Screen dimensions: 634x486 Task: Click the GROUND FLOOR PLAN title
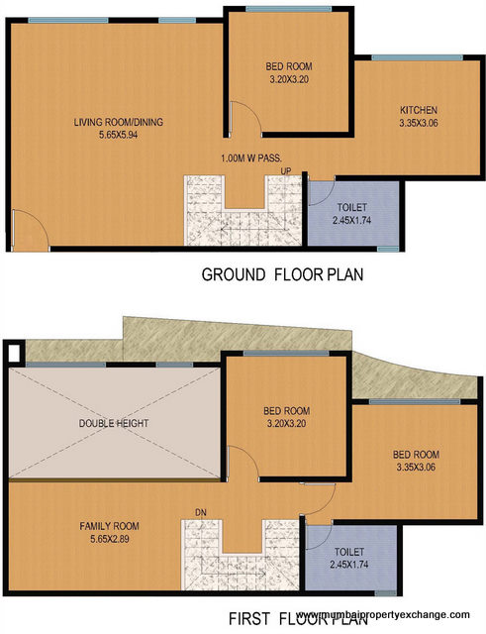click(282, 274)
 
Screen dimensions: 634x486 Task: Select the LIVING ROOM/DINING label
click(118, 123)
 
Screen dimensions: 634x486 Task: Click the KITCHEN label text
click(419, 110)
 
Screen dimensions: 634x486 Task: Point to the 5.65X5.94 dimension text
click(118, 136)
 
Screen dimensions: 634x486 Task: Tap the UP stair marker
click(286, 170)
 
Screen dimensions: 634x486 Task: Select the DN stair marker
click(200, 512)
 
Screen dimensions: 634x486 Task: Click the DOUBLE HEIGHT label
click(114, 423)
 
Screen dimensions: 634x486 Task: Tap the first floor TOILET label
click(348, 551)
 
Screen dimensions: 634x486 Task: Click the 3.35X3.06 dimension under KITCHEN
click(419, 124)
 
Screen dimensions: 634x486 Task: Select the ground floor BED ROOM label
click(289, 66)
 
